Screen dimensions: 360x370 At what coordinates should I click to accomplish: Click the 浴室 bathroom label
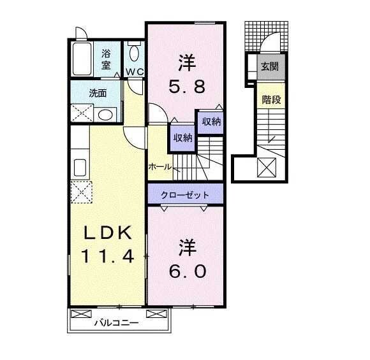106,59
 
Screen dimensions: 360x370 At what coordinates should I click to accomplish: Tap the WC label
135,71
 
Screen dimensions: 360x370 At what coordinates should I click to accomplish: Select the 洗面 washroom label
98,93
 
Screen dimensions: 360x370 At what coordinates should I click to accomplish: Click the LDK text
107,232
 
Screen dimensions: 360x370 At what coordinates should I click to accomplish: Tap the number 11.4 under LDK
107,256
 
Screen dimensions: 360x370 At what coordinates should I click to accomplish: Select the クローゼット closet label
186,194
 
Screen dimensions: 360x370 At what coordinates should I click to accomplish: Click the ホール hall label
159,167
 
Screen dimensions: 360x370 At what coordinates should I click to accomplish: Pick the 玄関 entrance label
270,65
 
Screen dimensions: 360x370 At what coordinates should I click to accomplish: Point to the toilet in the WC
134,52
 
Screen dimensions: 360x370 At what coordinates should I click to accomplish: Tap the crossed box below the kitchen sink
82,191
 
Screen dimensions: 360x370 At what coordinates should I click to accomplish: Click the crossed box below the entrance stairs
267,168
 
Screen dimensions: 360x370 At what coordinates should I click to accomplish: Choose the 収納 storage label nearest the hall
182,138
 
